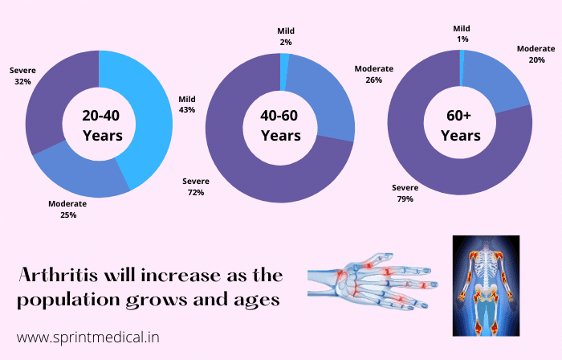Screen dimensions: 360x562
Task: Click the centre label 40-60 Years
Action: [281, 125]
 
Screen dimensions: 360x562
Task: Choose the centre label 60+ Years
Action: [460, 125]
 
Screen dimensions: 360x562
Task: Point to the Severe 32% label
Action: [22, 76]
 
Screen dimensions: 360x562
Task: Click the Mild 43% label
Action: [187, 104]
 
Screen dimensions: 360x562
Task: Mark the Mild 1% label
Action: [462, 34]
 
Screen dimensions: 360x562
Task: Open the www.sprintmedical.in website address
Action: [88, 337]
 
